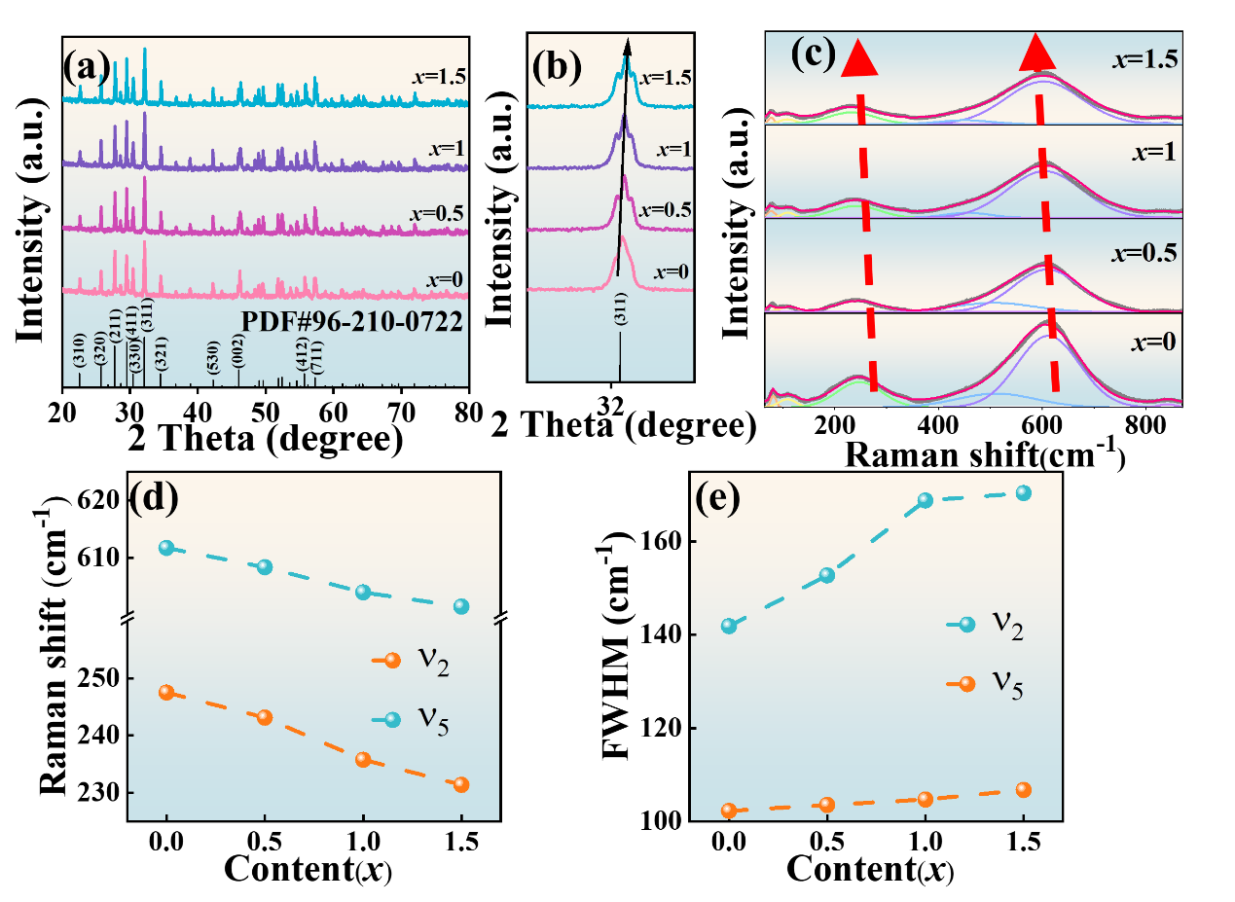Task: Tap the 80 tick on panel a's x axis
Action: (x=468, y=411)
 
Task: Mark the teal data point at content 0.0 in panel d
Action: (x=166, y=548)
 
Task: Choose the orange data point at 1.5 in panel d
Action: (x=461, y=784)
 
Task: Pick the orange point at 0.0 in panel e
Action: (x=728, y=811)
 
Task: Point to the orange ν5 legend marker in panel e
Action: (x=966, y=684)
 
